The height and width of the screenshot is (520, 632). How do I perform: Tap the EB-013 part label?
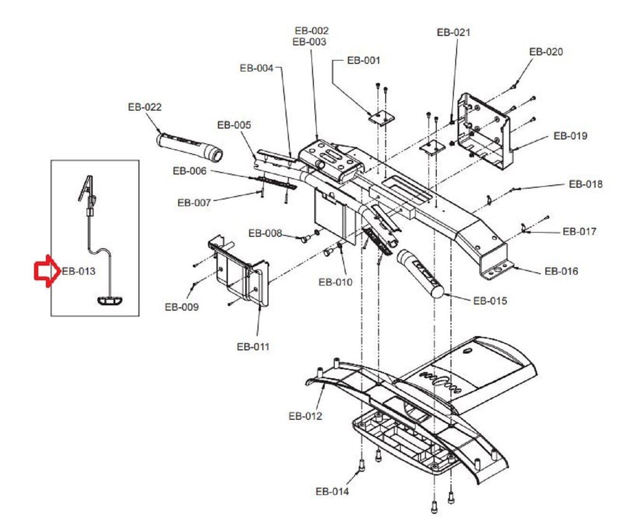(x=78, y=271)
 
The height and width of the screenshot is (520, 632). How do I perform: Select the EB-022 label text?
(x=144, y=107)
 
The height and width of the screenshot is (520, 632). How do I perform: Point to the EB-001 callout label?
(x=363, y=61)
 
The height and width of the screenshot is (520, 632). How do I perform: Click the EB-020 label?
(x=546, y=52)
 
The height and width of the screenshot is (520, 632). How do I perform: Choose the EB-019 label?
(x=570, y=136)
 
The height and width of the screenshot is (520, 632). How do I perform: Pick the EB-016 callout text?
(x=561, y=271)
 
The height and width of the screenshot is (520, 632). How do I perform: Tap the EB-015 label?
(x=490, y=301)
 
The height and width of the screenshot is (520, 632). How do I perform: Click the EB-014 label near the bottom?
(x=332, y=492)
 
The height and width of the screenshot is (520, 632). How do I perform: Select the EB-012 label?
(x=305, y=416)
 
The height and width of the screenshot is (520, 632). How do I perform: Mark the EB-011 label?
(x=253, y=347)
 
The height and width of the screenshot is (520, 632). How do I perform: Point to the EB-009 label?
(x=182, y=307)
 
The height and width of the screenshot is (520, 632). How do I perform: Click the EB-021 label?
(x=453, y=32)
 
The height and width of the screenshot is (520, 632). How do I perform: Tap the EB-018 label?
(x=586, y=184)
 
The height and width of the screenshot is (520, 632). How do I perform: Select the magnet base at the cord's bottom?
(x=109, y=300)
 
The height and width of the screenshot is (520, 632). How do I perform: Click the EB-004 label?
(x=256, y=68)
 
